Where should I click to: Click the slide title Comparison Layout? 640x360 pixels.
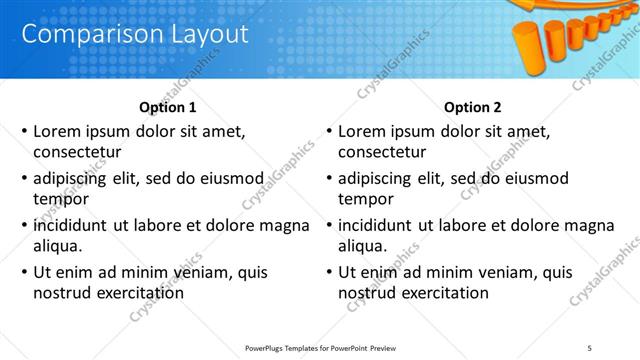pyautogui.click(x=134, y=34)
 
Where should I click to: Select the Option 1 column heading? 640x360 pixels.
pyautogui.click(x=168, y=107)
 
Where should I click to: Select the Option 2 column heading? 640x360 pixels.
pyautogui.click(x=472, y=107)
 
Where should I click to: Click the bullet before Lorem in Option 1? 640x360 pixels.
pyautogui.click(x=24, y=131)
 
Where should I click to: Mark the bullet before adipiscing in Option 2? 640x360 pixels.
pyautogui.click(x=329, y=178)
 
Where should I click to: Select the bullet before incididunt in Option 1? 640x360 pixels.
pyautogui.click(x=24, y=225)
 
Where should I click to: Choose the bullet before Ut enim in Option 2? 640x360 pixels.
pyautogui.click(x=329, y=272)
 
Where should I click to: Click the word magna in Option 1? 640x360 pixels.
pyautogui.click(x=284, y=225)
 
